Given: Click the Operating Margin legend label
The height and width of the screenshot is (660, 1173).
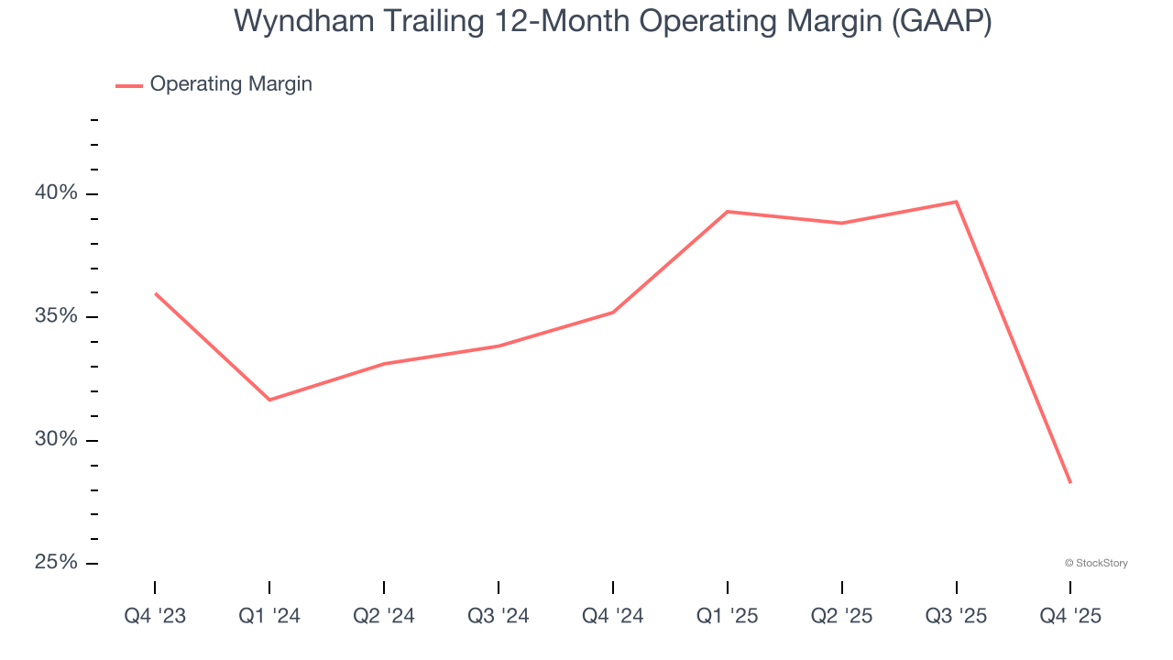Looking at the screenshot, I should click(231, 84).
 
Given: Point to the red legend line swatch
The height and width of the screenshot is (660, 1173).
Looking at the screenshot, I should click(129, 85).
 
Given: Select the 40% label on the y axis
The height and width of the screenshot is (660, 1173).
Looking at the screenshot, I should click(57, 193).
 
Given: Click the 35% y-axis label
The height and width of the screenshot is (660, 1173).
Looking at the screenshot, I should click(57, 317).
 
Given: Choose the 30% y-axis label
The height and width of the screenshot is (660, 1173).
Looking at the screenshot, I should click(57, 440).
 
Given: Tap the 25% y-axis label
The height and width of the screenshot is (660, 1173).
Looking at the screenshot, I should click(57, 563).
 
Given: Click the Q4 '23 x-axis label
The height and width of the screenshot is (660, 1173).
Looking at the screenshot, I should click(155, 617).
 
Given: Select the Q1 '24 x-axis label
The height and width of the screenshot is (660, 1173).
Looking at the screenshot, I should click(269, 617).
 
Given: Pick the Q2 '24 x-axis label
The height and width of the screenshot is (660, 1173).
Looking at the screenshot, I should click(384, 617).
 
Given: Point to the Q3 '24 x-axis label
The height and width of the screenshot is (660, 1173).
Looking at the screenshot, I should click(499, 617).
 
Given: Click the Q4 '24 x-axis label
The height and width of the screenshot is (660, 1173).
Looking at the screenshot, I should click(613, 617).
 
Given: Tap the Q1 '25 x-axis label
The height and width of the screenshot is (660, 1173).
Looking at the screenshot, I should click(728, 617).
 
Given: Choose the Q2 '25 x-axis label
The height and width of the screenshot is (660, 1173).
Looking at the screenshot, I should click(842, 617).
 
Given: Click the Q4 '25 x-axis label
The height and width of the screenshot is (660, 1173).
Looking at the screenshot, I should click(1070, 617).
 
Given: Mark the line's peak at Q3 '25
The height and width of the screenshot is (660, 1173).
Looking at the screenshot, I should click(956, 202).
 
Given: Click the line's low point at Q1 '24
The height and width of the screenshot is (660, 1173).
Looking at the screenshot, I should click(269, 400).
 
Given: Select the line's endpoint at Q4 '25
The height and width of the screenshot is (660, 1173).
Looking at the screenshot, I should click(1069, 482).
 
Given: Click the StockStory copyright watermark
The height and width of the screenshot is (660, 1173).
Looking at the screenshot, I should click(1096, 563).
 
